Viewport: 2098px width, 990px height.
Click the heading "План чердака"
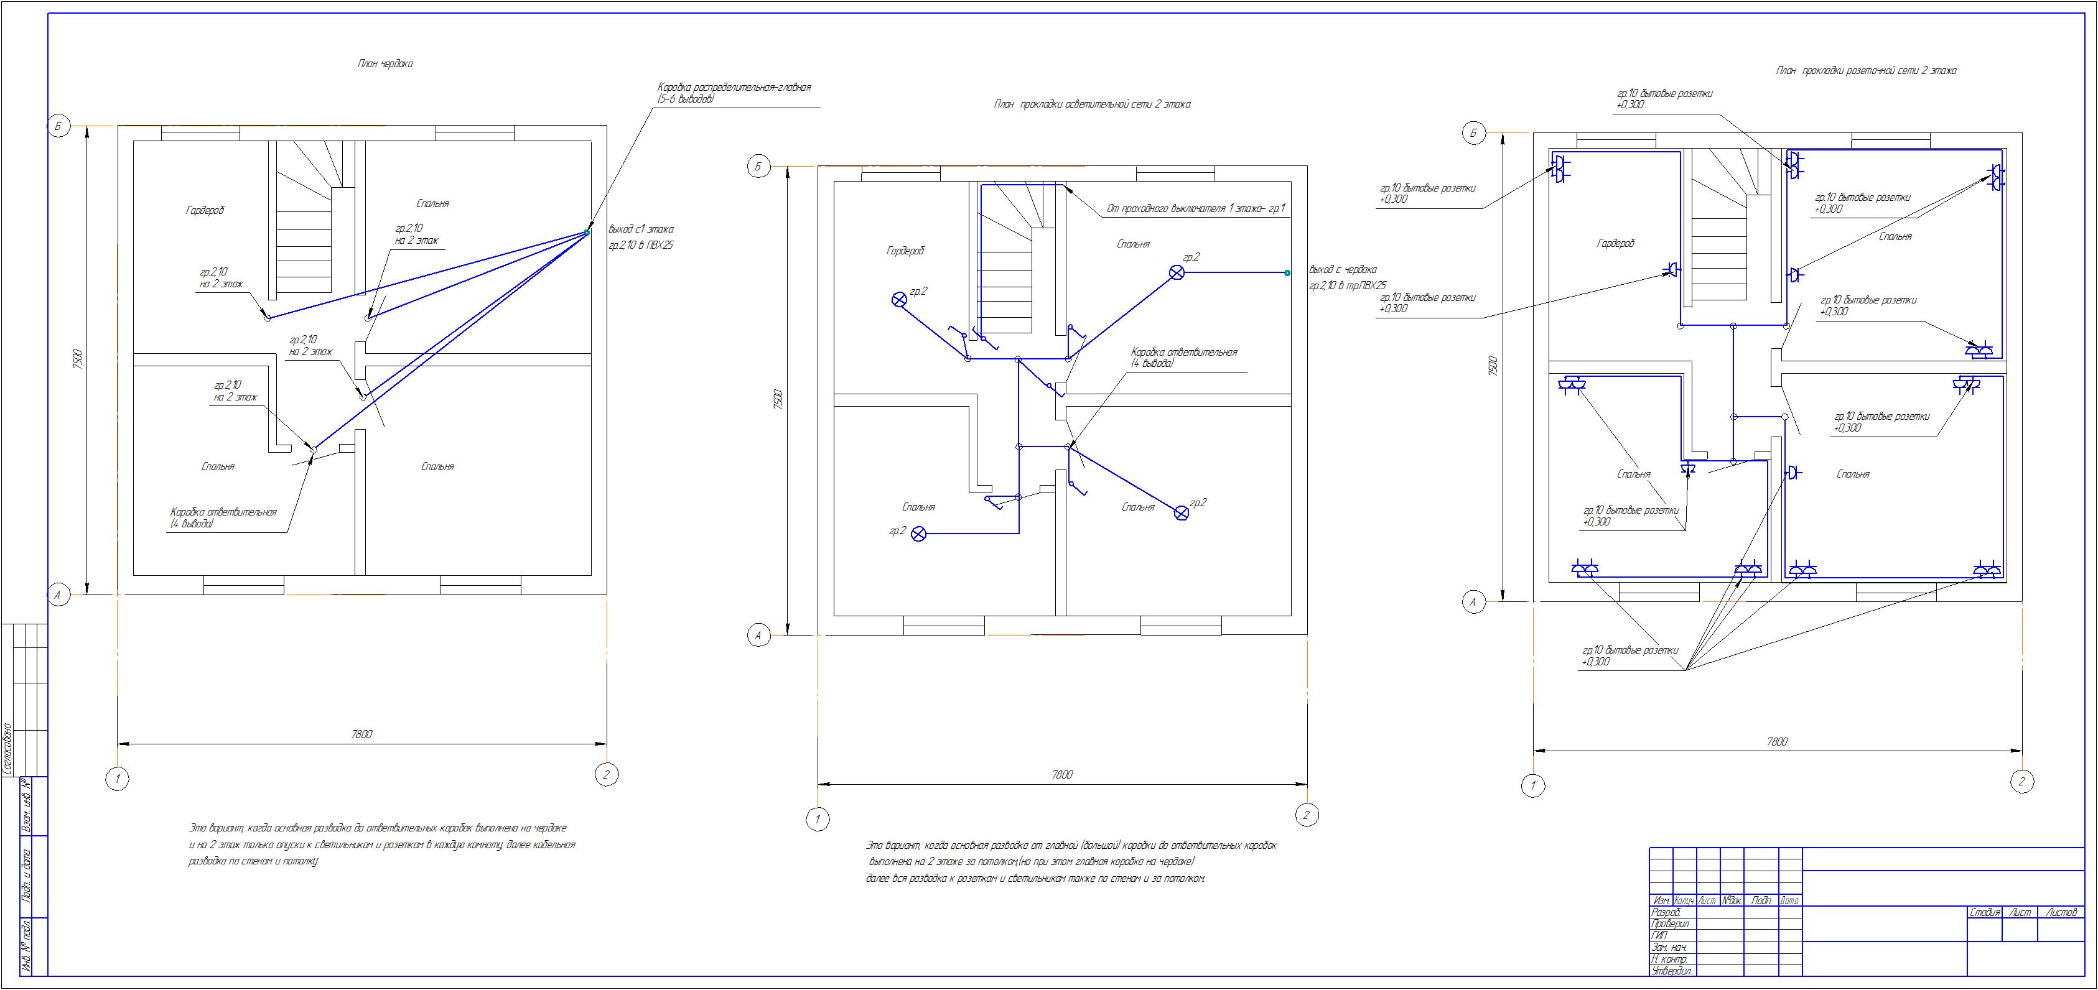385,63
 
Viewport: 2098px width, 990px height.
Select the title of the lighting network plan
1092,104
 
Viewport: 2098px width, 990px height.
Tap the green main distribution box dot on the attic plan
586,233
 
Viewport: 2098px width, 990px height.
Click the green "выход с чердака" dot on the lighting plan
1287,273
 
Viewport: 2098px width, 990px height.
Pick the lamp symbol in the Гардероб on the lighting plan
899,300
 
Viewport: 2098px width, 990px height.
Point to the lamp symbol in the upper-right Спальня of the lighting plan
1176,273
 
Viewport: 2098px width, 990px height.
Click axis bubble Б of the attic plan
58,127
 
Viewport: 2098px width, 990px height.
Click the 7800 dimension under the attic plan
361,734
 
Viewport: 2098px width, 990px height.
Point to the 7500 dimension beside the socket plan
1492,366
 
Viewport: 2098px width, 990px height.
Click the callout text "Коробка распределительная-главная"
734,87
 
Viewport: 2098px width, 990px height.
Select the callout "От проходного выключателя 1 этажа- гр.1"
1194,209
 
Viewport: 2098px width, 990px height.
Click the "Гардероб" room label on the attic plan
205,210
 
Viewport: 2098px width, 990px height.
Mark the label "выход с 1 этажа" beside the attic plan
641,229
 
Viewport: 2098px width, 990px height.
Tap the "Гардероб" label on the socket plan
1615,243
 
